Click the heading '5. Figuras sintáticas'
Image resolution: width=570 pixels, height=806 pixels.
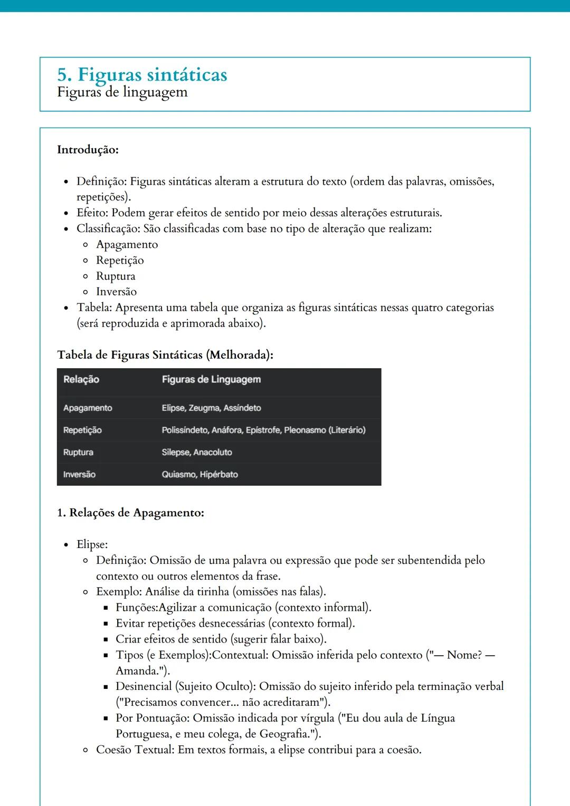click(142, 74)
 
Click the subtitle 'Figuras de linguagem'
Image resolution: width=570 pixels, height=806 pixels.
click(122, 92)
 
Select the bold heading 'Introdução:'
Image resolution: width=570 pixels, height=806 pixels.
click(88, 150)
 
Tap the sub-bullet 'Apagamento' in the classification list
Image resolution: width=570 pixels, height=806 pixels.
click(127, 245)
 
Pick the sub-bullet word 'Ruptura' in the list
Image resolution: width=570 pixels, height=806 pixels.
click(115, 276)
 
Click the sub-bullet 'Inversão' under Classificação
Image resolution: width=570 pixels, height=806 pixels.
click(116, 292)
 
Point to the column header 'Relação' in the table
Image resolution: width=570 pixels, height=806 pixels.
click(81, 380)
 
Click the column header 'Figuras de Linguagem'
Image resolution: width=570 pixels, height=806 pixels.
click(211, 380)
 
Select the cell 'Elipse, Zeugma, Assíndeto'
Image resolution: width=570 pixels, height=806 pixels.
click(211, 408)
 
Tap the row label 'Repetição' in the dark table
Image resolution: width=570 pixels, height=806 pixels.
click(82, 430)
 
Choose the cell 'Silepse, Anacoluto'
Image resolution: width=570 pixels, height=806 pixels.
click(197, 453)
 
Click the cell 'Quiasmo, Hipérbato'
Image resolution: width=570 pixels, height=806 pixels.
click(199, 475)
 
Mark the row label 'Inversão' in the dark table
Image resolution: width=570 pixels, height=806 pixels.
click(79, 475)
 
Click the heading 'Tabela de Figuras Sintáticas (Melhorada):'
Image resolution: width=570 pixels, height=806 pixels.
click(165, 355)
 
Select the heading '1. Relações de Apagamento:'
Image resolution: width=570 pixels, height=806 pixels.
click(130, 513)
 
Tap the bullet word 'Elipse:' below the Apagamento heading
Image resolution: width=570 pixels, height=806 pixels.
click(92, 544)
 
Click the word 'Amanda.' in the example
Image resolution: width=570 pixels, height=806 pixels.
click(138, 671)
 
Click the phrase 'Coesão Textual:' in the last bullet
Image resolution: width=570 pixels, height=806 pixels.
click(135, 750)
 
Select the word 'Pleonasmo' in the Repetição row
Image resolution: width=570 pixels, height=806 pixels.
click(305, 430)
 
